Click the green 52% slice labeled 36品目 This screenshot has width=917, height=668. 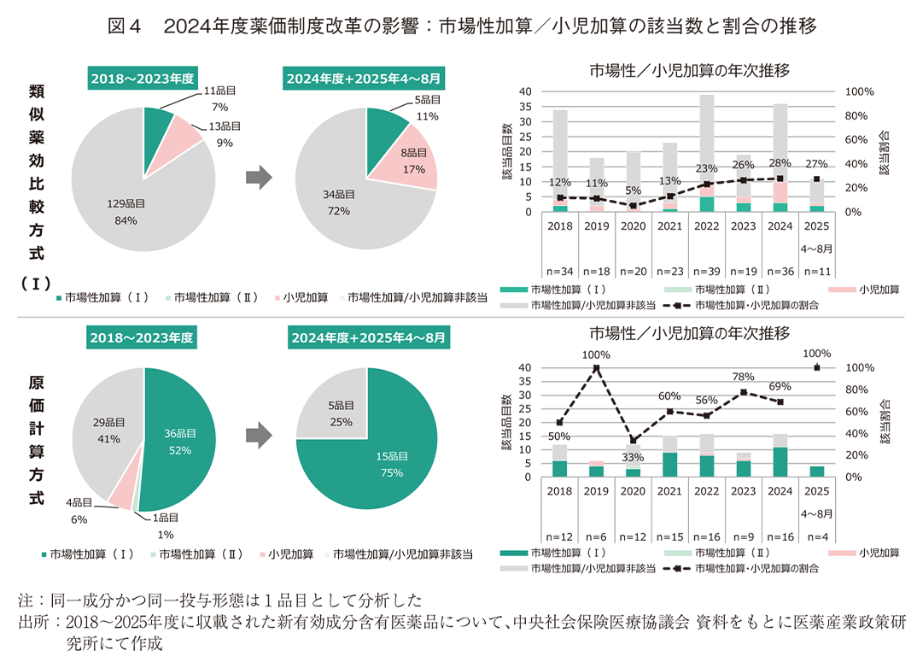tap(181, 442)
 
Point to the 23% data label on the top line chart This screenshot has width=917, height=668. tap(706, 168)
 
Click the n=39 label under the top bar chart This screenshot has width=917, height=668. tap(706, 271)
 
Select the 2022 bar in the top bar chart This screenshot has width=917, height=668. tap(706, 154)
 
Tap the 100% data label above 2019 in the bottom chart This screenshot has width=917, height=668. tap(597, 355)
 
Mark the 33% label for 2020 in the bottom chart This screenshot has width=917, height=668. tap(633, 457)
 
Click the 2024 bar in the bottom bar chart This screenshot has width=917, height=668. tap(779, 455)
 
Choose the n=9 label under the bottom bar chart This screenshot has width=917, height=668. tap(743, 536)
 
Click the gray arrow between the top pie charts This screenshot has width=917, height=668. tap(259, 178)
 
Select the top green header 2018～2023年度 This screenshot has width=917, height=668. tap(142, 78)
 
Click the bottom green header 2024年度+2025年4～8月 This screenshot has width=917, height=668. tap(366, 337)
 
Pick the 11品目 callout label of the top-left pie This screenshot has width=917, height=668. tap(220, 91)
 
